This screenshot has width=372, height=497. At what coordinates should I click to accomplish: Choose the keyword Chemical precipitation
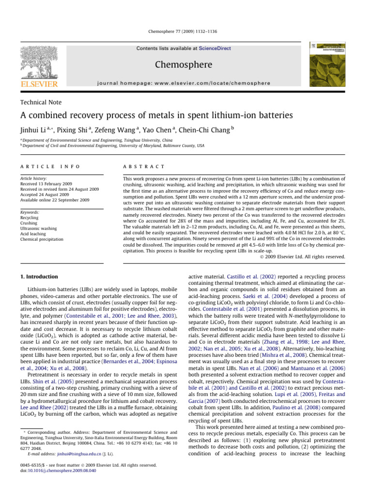pyautogui.click(x=41, y=239)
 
